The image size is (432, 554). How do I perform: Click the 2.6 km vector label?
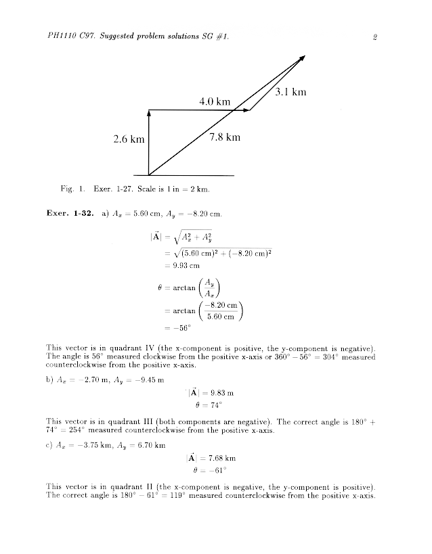129,139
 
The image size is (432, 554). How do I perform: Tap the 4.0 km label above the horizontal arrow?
215,101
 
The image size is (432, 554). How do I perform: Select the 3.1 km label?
291,93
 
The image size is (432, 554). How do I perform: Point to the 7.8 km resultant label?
225,137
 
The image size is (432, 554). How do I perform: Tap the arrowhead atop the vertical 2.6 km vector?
148,114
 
